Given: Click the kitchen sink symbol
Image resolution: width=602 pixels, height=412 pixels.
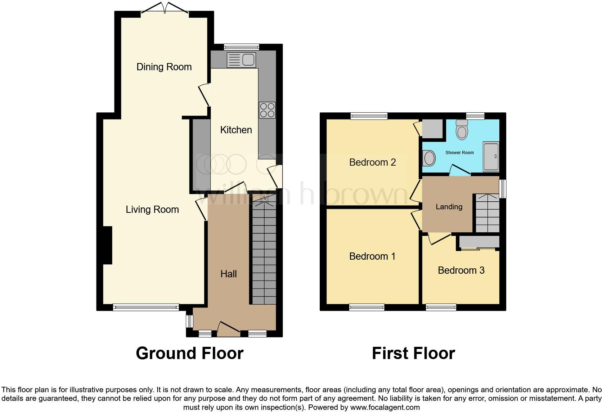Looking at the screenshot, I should pos(241,60).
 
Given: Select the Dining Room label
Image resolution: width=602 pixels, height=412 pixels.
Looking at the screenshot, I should pos(164,67).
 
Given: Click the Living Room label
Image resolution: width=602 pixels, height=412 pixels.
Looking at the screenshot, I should pos(152,210).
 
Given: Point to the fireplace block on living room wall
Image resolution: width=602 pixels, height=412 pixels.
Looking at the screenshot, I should pos(107,245).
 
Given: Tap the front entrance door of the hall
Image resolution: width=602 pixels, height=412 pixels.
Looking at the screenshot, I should pos(229,328).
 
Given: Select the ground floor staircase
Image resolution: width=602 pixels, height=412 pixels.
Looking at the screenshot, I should pos(264,252).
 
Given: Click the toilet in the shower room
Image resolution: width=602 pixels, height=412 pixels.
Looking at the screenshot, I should pos(462,130).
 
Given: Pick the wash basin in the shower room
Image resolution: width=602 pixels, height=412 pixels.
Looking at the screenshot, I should pos(429,158).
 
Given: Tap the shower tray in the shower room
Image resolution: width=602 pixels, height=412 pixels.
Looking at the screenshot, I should pos(491,156).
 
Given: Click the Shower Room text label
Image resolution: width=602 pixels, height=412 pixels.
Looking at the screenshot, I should pos(459,153).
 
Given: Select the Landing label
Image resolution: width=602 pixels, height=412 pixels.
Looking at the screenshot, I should pos(449,207).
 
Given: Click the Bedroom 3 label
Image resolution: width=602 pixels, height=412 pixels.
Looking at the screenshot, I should pos(461,270).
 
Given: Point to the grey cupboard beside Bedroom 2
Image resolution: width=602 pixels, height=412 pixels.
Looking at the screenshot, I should pos(432,129).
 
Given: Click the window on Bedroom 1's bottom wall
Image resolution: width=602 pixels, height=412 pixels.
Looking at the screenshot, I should pos(367,307).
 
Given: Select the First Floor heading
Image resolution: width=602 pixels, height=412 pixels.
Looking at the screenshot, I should pos(413,354).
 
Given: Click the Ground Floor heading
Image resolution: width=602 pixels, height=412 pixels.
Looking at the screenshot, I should pos(189,354).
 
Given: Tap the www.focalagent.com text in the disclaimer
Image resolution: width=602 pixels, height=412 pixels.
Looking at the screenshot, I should pos(385,408).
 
